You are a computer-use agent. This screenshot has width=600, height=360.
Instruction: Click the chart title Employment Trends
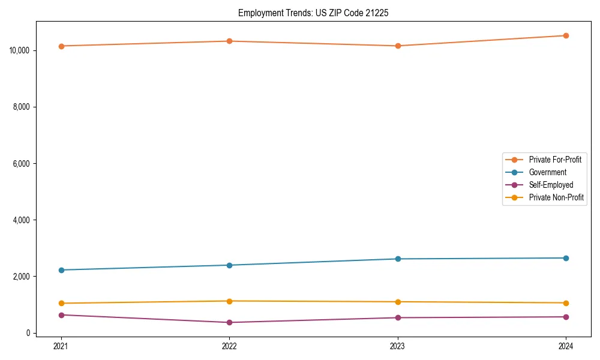pos(313,13)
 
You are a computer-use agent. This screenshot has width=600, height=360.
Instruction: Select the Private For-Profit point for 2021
pos(61,46)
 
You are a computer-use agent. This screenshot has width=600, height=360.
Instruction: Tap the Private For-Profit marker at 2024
pos(566,35)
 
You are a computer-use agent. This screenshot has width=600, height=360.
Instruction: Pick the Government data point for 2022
pos(229,265)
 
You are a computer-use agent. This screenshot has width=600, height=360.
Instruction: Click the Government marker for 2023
pos(398,259)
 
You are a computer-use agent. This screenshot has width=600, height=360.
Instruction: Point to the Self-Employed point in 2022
pos(229,322)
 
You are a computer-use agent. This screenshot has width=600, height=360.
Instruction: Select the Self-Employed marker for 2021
pos(61,315)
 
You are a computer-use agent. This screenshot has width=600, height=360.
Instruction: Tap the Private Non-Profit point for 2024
pos(566,303)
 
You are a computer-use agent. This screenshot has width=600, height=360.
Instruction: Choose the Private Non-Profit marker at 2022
pos(229,301)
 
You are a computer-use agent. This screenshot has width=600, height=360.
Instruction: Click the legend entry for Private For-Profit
pos(554,160)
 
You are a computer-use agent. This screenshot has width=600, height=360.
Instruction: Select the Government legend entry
pos(547,172)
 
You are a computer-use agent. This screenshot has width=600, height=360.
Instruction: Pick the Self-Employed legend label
pos(551,185)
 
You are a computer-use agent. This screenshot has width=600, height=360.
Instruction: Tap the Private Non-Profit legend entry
pos(556,197)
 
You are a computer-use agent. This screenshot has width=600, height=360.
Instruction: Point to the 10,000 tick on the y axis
pos(20,50)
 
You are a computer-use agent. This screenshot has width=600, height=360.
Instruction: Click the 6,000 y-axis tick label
pos(22,163)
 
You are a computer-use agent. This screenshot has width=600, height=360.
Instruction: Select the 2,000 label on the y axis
pos(22,277)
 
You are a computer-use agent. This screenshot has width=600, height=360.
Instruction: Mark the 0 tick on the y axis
pos(28,333)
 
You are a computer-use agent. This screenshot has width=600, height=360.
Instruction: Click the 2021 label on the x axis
pos(61,346)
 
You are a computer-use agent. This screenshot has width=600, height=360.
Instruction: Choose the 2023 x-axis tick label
pos(398,346)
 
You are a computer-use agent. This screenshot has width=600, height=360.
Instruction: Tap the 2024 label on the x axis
pos(566,346)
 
